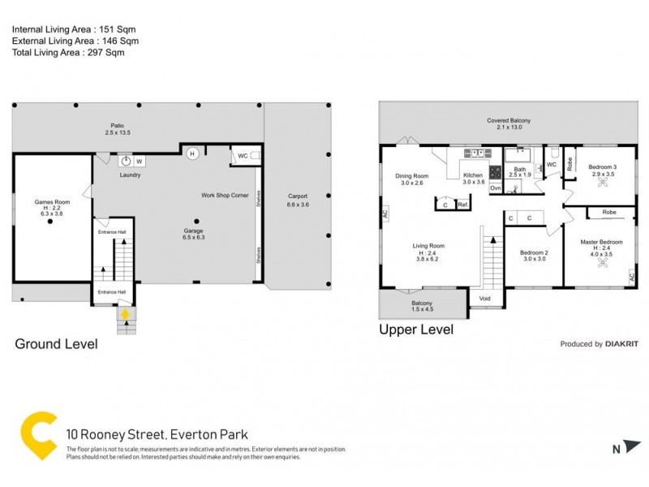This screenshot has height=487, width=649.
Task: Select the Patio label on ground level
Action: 118,125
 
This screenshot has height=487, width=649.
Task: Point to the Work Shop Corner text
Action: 225,196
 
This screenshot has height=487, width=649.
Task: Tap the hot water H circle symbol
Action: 192,153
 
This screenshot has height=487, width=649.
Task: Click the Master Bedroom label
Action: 601,242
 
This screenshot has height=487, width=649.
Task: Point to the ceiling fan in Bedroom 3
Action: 602,183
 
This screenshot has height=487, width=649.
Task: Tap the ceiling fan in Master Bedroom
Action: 602,264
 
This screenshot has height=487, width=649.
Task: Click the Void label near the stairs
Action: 485,299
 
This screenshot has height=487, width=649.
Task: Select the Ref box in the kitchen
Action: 462,205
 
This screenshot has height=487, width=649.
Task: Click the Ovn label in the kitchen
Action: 495,187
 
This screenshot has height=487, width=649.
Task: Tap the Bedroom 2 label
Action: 534,252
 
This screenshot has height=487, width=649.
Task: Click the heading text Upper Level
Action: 416,330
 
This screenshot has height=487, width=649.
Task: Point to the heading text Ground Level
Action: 57,344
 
